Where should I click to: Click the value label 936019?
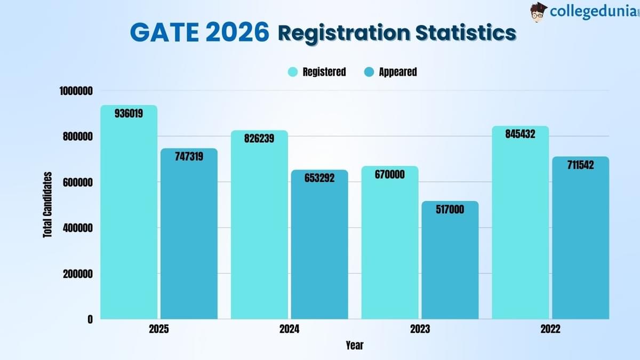[x=129, y=113]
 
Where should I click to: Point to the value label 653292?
[x=319, y=178]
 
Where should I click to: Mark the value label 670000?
[x=390, y=174]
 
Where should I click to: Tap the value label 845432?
[x=520, y=134]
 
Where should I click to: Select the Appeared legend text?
[x=397, y=72]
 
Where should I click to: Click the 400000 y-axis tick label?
[x=76, y=228]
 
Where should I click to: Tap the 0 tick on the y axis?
[x=90, y=319]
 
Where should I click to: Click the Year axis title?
[x=354, y=346]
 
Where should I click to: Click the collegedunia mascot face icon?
[x=539, y=12]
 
